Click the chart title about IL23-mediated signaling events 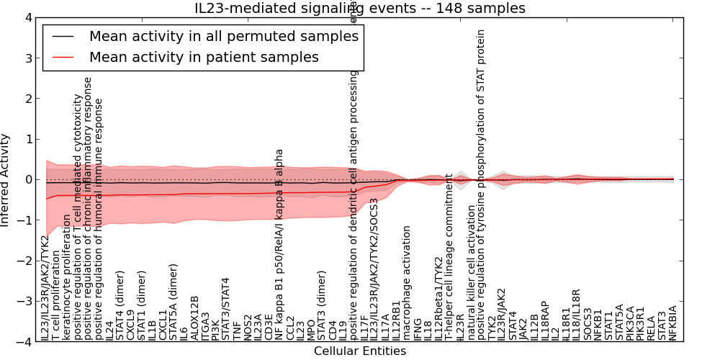[x=359, y=9]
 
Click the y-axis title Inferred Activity [x=6, y=179]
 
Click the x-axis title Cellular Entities [x=359, y=351]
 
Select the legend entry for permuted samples [x=223, y=35]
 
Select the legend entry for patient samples [x=204, y=56]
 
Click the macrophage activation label [x=407, y=283]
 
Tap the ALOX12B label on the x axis [x=195, y=318]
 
